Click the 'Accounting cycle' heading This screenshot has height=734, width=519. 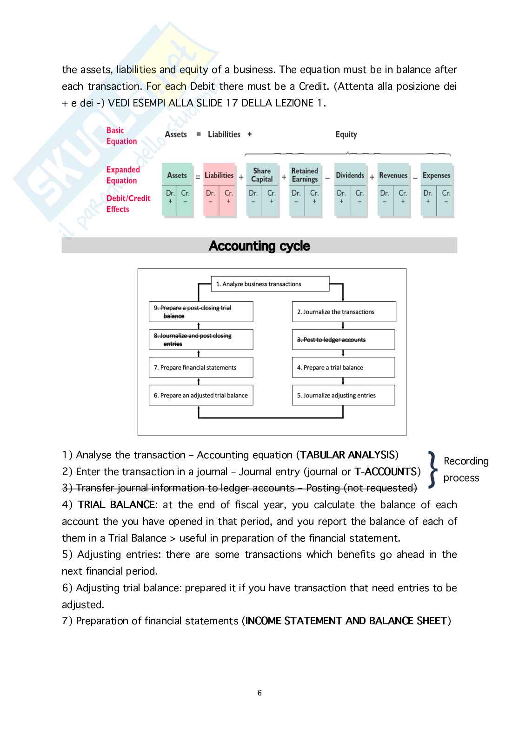259,245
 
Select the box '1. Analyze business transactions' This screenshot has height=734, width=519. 270,284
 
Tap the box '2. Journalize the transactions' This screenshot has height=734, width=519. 344,312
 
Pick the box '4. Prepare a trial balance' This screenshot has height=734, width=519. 343,367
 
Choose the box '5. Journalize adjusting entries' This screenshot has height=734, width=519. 343,395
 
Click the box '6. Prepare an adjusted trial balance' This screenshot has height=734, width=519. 201,395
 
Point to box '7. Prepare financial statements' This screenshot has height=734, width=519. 201,367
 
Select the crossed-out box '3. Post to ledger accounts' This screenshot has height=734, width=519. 343,340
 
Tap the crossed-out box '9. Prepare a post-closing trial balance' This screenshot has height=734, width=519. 201,312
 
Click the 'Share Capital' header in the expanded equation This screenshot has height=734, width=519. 262,175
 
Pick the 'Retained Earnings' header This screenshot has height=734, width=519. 305,175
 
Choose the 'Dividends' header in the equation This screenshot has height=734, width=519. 350,175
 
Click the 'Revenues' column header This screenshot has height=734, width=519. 393,175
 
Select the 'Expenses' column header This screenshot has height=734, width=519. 436,175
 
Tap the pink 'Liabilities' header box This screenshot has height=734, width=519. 219,175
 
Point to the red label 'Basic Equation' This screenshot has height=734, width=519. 121,136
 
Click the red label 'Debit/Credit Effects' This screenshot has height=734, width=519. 128,204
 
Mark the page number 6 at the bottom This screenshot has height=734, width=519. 259,693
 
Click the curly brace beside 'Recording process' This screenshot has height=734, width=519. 432,469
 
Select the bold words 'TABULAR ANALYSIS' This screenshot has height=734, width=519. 347,455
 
